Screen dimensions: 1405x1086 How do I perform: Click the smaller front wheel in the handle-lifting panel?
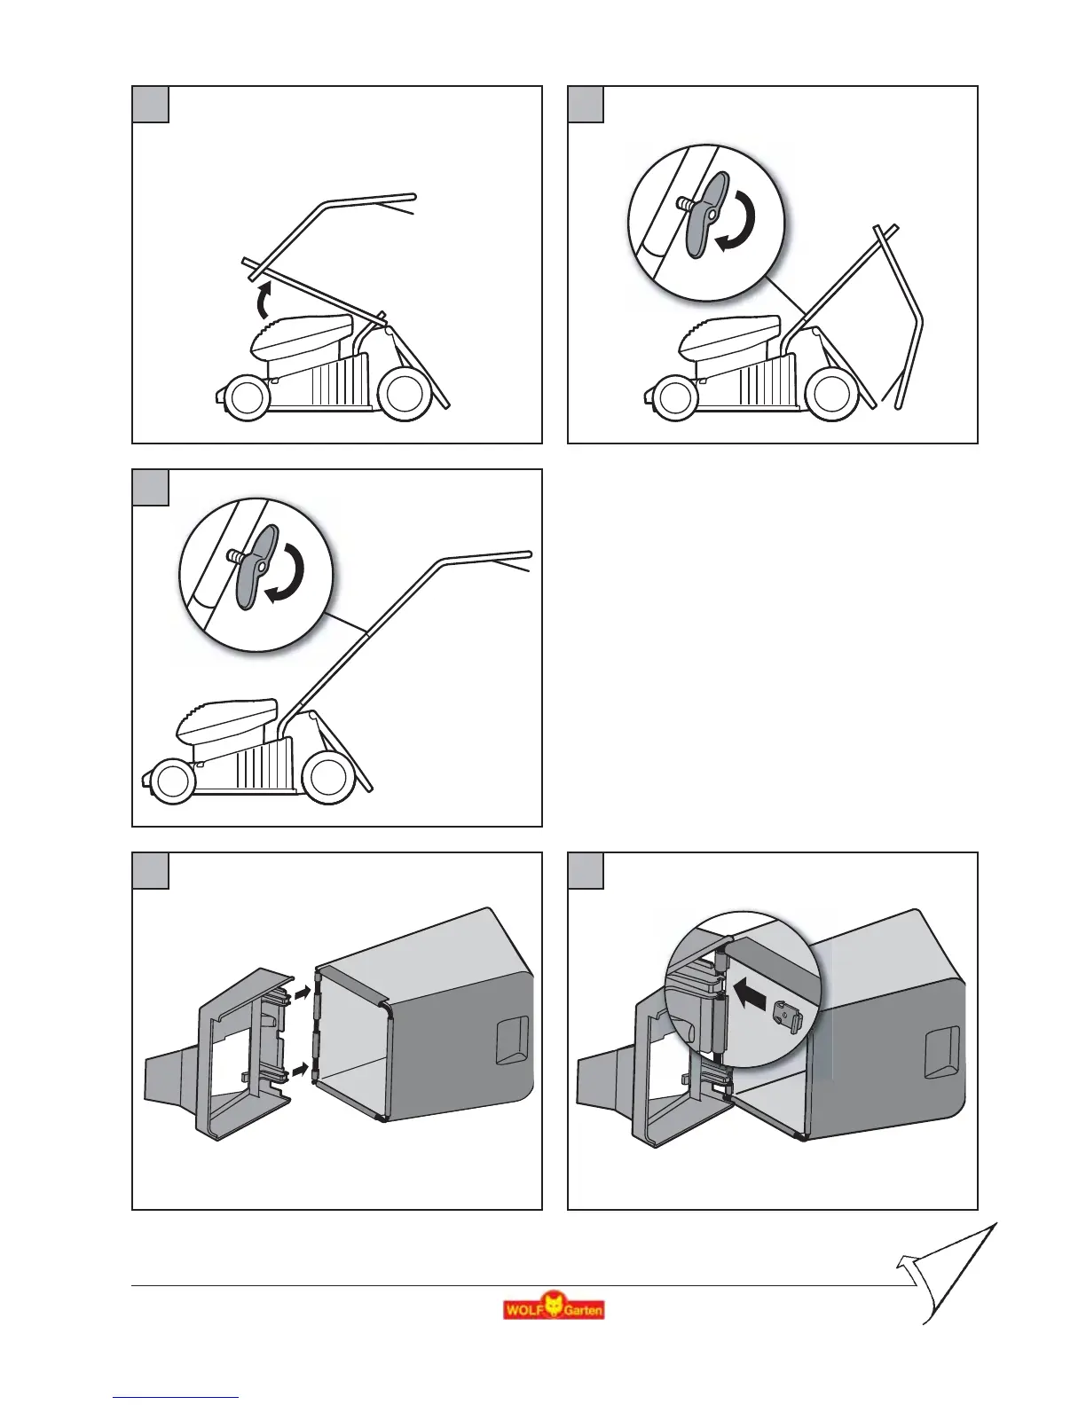244,396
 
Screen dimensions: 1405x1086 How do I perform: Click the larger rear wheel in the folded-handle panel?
833,393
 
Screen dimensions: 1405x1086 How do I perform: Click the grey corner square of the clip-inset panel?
586,870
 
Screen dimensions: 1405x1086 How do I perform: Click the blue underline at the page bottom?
177,1398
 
